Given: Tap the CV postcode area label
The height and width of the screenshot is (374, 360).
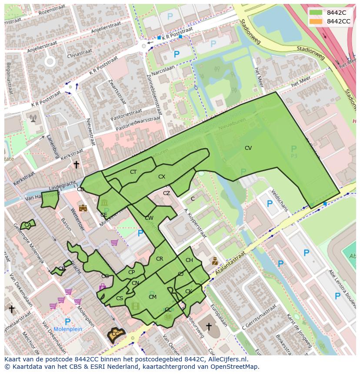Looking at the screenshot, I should [248, 148].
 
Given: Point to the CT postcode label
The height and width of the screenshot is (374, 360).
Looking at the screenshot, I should [133, 172].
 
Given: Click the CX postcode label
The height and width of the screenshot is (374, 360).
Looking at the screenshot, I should [162, 177].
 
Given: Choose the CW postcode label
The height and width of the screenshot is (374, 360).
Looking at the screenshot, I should [149, 218].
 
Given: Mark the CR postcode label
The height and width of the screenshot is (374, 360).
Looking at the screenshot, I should [160, 259].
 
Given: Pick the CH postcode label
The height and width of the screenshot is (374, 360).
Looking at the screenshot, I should [189, 260].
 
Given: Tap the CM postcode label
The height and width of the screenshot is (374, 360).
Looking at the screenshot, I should [153, 297].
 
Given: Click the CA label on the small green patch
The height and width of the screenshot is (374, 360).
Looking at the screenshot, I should [27, 225].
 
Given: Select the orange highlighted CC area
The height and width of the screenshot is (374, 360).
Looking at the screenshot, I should [116, 334].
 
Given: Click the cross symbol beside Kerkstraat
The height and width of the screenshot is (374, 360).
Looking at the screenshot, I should [76, 165].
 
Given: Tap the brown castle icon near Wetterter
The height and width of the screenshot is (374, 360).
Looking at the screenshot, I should [83, 208].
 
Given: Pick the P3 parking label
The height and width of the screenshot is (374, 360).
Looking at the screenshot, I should [294, 155].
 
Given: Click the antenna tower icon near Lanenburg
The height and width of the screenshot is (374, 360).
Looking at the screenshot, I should [33, 117].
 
